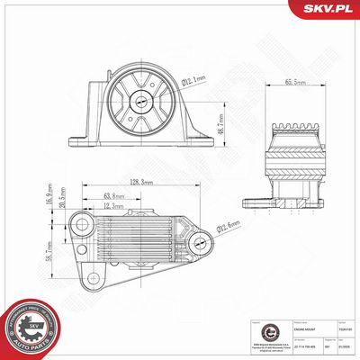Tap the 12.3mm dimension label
[x=114, y=206]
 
